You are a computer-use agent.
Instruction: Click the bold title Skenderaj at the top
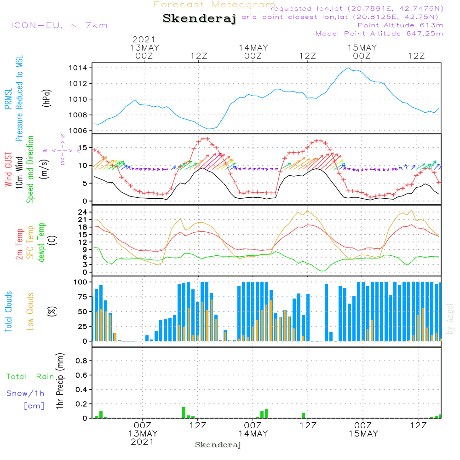pyautogui.click(x=199, y=19)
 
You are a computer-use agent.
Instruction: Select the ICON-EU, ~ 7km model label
pyautogui.click(x=59, y=25)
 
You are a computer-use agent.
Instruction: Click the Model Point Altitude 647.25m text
pyautogui.click(x=379, y=34)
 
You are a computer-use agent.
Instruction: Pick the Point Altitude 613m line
pyautogui.click(x=400, y=25)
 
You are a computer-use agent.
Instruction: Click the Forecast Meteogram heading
pyautogui.click(x=214, y=5)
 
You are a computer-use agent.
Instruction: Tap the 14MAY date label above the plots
pyautogui.click(x=253, y=48)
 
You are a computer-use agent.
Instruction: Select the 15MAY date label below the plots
pyautogui.click(x=363, y=433)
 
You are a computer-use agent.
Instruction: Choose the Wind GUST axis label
pyautogui.click(x=9, y=171)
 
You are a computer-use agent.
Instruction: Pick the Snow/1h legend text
pyautogui.click(x=26, y=394)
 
